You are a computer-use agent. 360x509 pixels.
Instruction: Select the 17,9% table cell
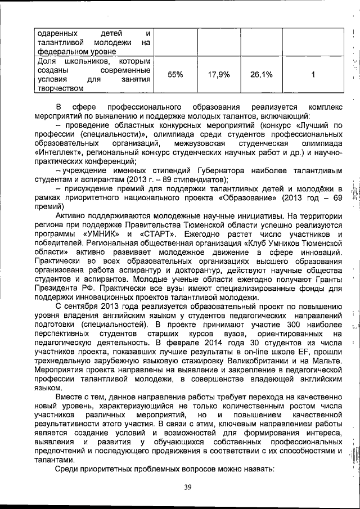tap(219, 74)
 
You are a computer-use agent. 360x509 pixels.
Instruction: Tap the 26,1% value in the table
tap(261, 74)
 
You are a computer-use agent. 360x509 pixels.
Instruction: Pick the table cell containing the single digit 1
tap(313, 74)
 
